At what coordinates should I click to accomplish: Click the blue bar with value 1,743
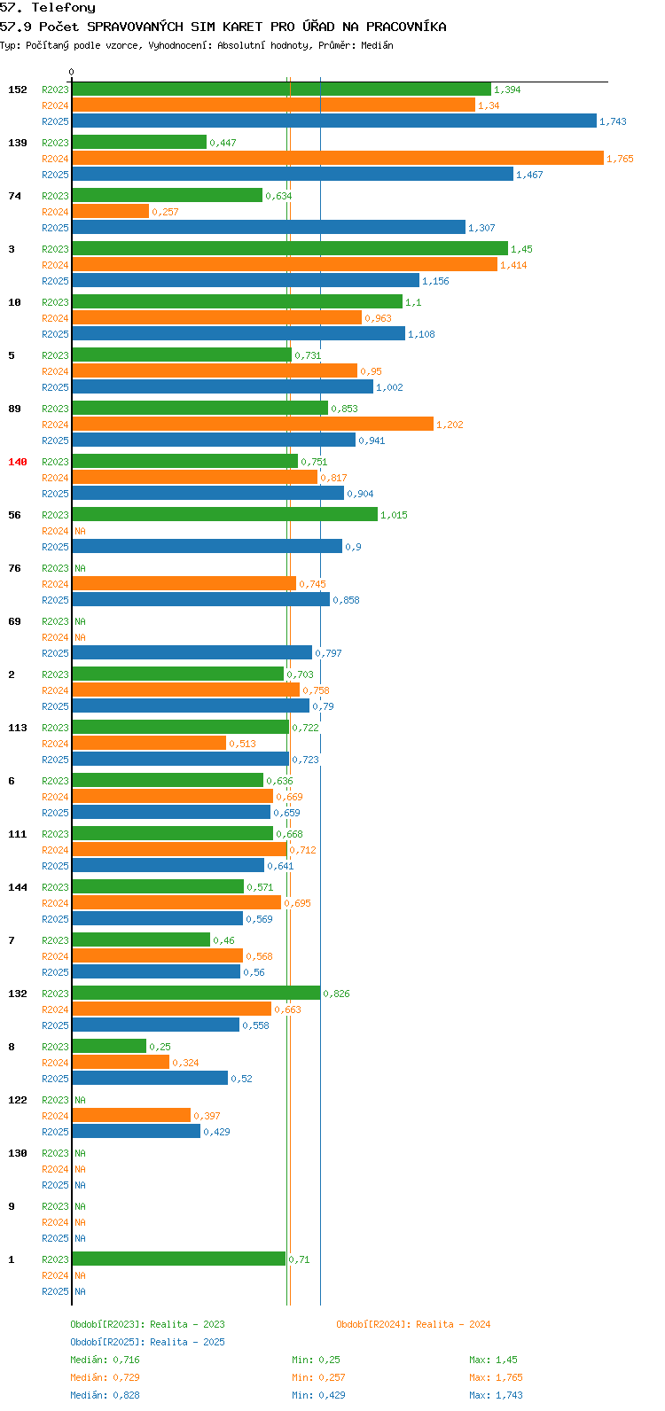(x=334, y=121)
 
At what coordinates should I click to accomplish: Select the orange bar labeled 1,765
(x=338, y=158)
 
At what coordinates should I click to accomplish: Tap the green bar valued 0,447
(x=139, y=143)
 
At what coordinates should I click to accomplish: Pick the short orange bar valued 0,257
(x=110, y=212)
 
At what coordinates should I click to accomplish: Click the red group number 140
(x=18, y=462)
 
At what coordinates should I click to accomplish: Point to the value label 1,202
(x=450, y=425)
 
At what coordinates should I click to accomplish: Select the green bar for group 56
(x=225, y=515)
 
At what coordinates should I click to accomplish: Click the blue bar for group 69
(x=192, y=652)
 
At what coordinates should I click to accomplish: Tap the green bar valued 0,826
(x=196, y=993)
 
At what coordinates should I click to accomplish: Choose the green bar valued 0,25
(x=109, y=1046)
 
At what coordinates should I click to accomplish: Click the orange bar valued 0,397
(x=131, y=1116)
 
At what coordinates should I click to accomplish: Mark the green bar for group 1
(x=179, y=1259)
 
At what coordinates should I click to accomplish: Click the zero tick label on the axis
(x=71, y=72)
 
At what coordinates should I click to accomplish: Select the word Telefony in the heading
(x=64, y=8)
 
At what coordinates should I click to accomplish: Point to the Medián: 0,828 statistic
(x=106, y=1395)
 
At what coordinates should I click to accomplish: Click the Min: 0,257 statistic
(x=318, y=1377)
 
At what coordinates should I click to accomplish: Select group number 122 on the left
(x=18, y=1100)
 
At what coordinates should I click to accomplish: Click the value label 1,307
(x=481, y=228)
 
